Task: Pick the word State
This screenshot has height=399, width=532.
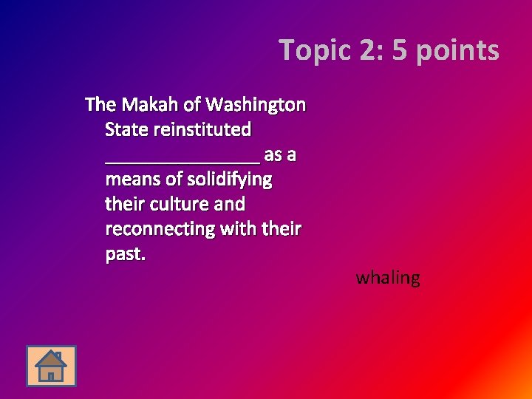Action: (126, 129)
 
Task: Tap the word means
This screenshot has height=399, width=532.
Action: (134, 180)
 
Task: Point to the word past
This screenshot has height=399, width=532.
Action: (126, 254)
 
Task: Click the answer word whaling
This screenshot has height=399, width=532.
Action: (388, 279)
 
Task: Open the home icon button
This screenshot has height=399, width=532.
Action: (51, 366)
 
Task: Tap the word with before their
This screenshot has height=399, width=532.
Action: (237, 229)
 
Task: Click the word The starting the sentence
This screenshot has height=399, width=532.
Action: (100, 104)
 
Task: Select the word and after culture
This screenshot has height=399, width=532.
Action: (230, 204)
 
